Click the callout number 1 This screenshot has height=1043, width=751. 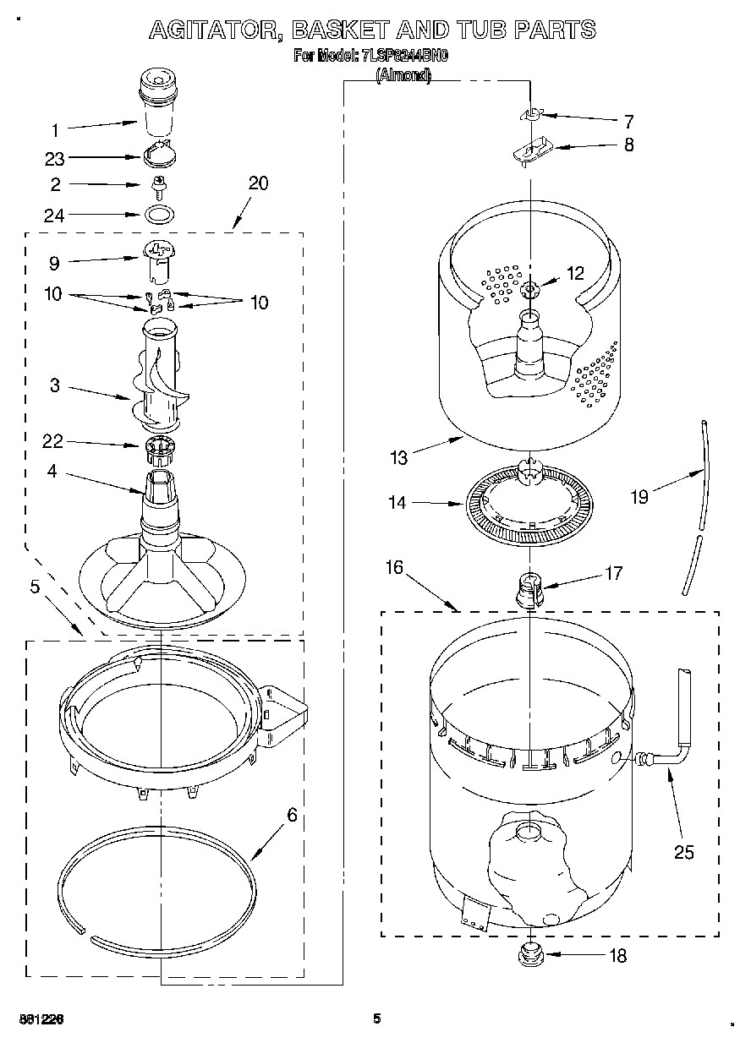coord(55,130)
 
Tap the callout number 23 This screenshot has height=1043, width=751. coord(55,157)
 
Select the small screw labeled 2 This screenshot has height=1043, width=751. coord(156,183)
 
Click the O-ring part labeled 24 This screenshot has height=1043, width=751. coord(157,214)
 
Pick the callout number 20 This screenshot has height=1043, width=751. coord(259,183)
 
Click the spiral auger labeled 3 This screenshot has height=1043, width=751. coord(160,385)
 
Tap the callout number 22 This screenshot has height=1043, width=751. coord(53,440)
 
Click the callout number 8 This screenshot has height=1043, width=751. coord(628,145)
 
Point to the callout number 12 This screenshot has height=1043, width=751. coord(575,273)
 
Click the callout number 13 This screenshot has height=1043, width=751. coord(399,458)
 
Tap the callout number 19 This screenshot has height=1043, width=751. coord(639,497)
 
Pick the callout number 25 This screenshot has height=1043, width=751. coord(683,852)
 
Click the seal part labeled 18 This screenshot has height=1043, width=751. coord(529,956)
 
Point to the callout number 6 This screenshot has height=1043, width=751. coord(292,815)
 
